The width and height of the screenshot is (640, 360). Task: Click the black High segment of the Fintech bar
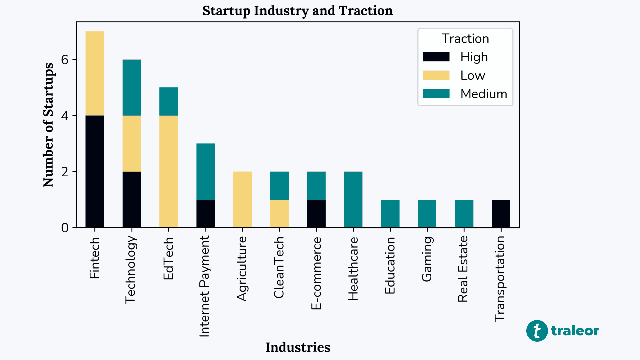point(95,171)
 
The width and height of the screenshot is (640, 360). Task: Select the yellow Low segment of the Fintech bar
point(95,73)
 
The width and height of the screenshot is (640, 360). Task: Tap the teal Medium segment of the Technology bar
point(132,87)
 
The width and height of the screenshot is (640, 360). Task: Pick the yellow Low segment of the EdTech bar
point(168,171)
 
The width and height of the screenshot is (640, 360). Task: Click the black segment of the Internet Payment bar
point(205,213)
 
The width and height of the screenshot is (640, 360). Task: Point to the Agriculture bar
point(242,199)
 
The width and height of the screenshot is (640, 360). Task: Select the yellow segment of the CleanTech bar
point(279,213)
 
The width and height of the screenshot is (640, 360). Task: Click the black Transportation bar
point(501,213)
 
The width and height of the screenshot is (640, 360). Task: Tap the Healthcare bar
point(353,199)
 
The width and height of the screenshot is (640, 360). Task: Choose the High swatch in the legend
point(436,57)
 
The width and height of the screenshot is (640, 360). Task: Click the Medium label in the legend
point(483,94)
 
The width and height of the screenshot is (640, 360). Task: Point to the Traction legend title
point(465,39)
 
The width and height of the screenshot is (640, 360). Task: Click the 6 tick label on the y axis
point(65,60)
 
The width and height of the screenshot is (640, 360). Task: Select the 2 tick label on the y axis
point(65,172)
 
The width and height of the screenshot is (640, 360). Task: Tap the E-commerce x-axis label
point(316,273)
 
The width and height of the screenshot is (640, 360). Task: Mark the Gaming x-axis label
point(427,259)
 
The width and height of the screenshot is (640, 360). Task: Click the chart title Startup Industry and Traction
point(297,11)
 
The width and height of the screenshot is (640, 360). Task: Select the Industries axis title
point(298,347)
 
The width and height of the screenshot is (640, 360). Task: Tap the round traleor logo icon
point(537,331)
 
